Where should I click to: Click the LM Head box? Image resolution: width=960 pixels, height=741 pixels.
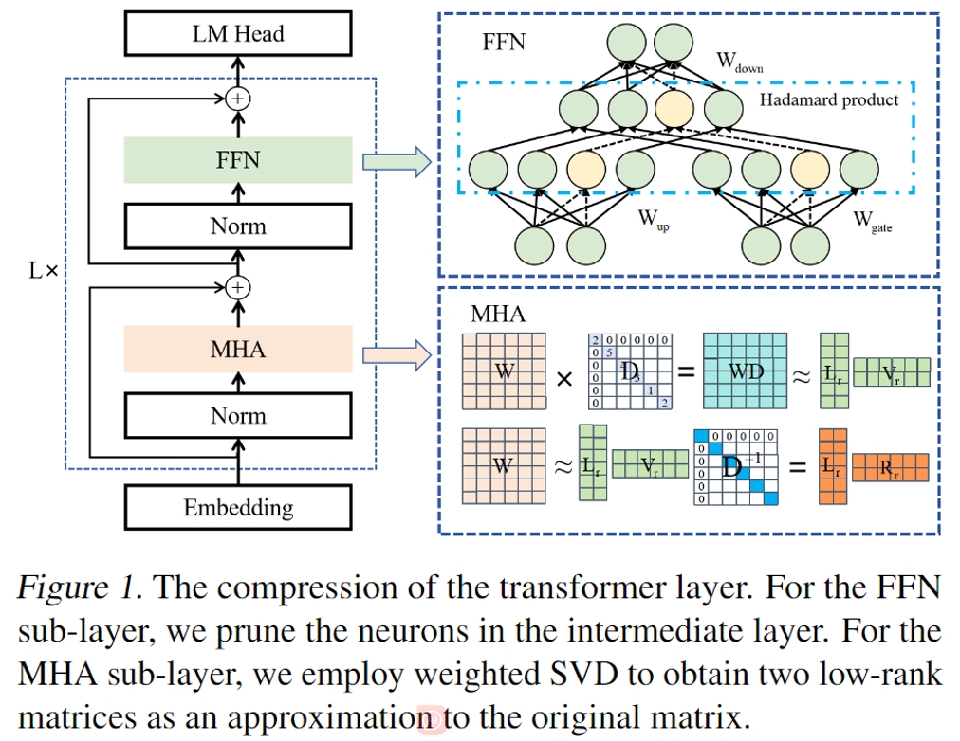point(238,34)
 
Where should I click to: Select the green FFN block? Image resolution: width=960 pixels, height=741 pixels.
point(238,160)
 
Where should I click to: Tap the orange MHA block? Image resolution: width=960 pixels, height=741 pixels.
point(238,350)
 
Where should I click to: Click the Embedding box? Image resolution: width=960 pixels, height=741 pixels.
point(238,507)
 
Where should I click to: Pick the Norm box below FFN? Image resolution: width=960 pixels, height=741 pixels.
point(238,226)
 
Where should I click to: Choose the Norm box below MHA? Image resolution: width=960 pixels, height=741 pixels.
point(238,416)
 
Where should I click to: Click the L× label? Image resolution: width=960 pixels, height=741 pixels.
point(44,271)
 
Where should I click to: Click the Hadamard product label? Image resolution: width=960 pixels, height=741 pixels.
point(830,99)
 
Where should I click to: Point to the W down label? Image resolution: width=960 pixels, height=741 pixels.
point(740,63)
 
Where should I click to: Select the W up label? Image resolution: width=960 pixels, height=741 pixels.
point(654,222)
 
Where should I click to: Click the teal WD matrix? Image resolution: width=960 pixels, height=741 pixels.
point(746,371)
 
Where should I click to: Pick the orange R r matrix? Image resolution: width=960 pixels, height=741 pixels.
point(890,466)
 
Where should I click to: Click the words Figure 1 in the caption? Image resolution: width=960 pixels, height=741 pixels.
point(80,587)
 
